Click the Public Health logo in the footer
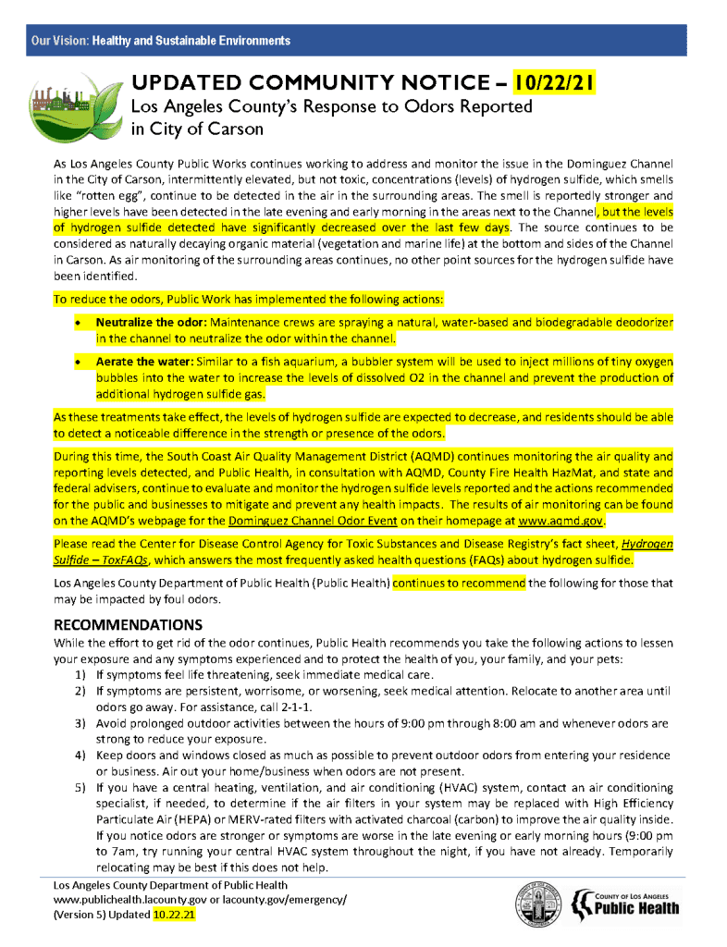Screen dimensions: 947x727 pos(626,904)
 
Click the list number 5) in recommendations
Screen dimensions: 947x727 pos(81,788)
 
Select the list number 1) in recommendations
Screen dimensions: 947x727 pos(81,675)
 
